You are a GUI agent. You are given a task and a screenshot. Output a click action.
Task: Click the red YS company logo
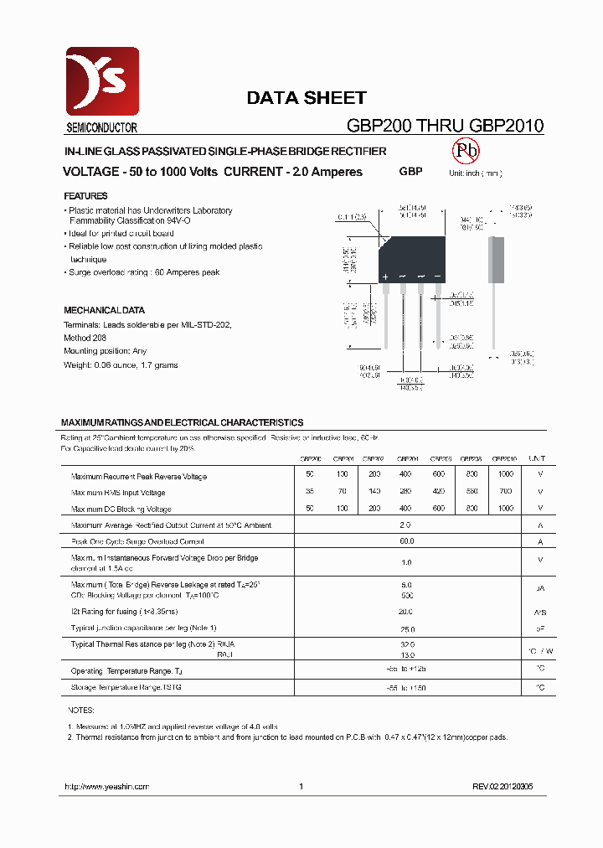pyautogui.click(x=102, y=82)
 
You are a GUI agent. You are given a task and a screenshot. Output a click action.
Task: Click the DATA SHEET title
pyautogui.click(x=306, y=98)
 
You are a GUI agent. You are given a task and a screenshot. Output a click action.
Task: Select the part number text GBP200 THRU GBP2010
pyautogui.click(x=445, y=127)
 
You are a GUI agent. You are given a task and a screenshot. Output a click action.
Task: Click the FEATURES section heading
pyautogui.click(x=85, y=196)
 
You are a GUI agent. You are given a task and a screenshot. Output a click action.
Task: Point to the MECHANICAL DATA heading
pyautogui.click(x=104, y=310)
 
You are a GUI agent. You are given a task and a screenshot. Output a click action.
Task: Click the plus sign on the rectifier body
pyautogui.click(x=385, y=277)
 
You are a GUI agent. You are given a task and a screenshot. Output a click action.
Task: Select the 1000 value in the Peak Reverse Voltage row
pyautogui.click(x=505, y=476)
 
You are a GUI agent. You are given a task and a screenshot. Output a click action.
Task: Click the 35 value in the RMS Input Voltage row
pyautogui.click(x=310, y=493)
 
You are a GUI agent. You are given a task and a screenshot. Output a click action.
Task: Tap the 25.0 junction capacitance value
pyautogui.click(x=406, y=628)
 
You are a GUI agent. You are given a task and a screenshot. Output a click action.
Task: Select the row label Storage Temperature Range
pyautogui.click(x=126, y=687)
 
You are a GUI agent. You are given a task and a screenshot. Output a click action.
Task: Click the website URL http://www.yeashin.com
pyautogui.click(x=106, y=787)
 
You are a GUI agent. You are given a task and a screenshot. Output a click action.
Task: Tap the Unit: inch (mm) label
pyautogui.click(x=475, y=173)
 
